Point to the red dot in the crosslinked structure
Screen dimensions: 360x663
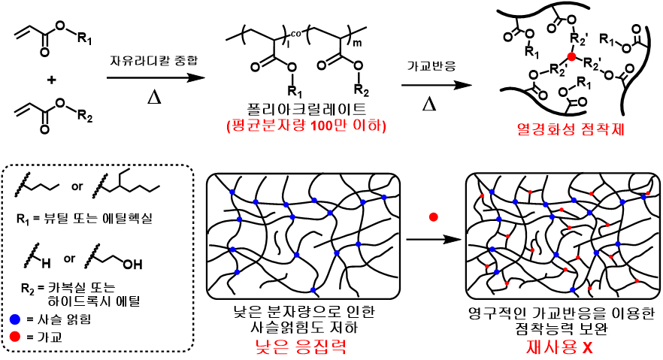click(571, 57)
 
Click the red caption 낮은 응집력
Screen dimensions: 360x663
click(303, 345)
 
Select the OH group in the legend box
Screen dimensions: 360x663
click(132, 265)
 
